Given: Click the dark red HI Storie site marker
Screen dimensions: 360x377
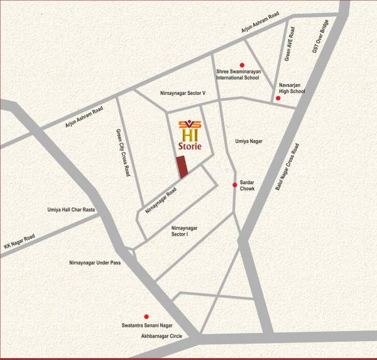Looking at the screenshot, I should click(x=182, y=167).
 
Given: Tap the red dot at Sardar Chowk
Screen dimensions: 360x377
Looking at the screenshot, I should click(x=235, y=185).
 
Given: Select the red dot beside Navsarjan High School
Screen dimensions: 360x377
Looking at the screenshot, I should click(x=278, y=98).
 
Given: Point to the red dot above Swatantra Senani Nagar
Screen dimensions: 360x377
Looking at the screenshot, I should click(x=146, y=316).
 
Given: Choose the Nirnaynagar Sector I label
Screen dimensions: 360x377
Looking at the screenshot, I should click(x=180, y=231).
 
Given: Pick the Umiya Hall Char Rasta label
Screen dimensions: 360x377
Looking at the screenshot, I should click(x=71, y=210).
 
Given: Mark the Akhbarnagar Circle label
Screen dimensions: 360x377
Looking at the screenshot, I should click(x=161, y=337).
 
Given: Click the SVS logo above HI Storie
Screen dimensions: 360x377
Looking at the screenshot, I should click(x=189, y=123).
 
